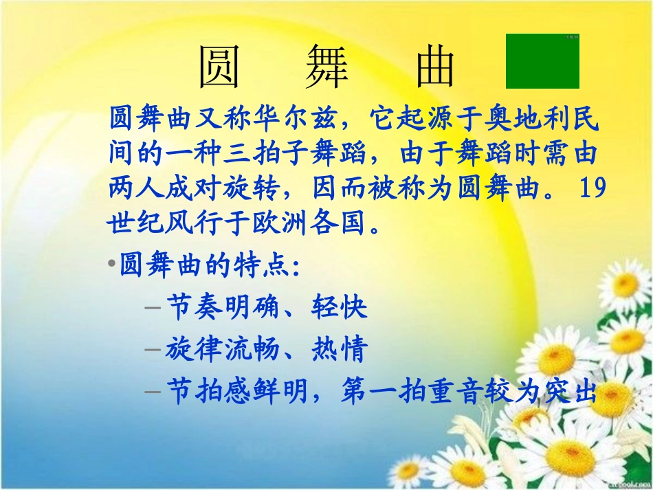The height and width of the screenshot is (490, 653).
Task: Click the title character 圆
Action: [219, 67]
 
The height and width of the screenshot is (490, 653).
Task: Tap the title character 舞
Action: [327, 67]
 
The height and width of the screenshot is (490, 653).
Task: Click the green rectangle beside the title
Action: [542, 61]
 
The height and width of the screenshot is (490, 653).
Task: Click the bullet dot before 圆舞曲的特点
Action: [111, 265]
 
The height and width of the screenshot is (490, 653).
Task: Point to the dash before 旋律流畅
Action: [153, 350]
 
